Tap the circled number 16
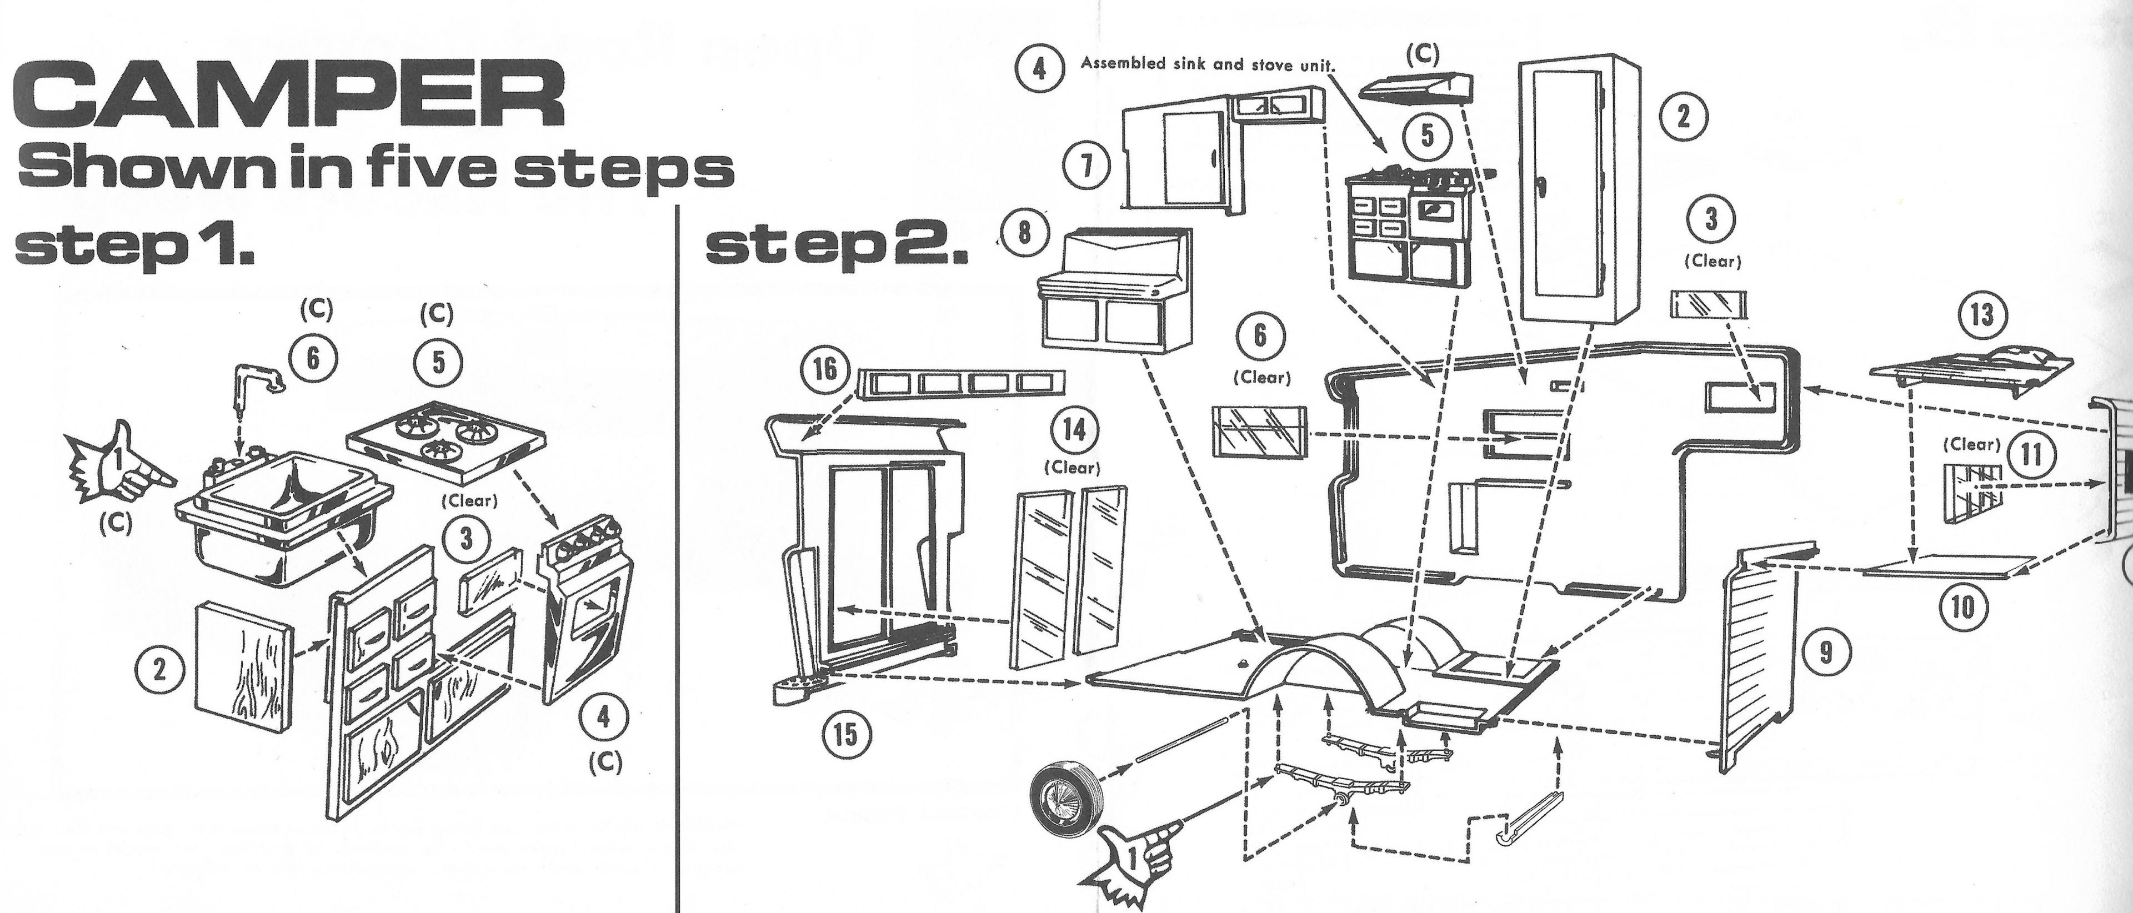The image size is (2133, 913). click(825, 369)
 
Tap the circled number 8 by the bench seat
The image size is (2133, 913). click(1024, 232)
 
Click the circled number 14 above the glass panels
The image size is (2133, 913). click(1074, 432)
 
